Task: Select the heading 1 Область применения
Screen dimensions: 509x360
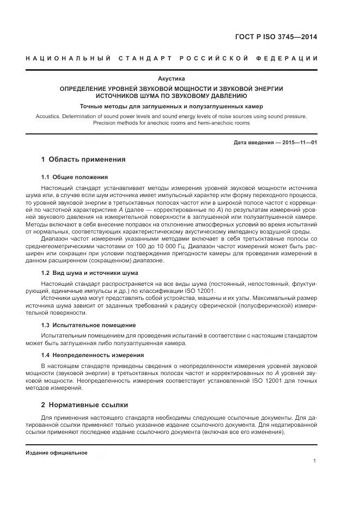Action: point(83,160)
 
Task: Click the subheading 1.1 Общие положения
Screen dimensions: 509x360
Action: point(75,177)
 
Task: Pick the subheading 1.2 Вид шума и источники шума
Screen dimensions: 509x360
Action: point(90,273)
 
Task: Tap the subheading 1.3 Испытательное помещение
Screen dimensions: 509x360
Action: point(86,325)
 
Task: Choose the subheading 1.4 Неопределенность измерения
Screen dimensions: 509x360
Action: point(93,355)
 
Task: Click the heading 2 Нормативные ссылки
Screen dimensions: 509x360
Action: point(84,405)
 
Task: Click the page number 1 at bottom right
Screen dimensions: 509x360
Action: point(315,461)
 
